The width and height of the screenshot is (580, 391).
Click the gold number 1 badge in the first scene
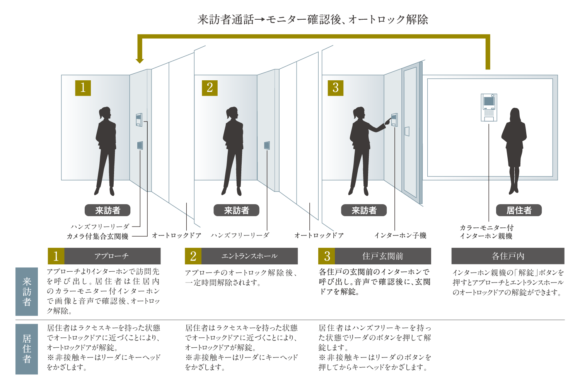pyautogui.click(x=83, y=88)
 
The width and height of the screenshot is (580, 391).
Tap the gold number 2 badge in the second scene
pyautogui.click(x=210, y=88)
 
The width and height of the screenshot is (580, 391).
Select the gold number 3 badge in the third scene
pyautogui.click(x=335, y=88)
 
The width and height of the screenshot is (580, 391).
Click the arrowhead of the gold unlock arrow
pyautogui.click(x=140, y=60)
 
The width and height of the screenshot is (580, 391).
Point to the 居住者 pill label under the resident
pyautogui.click(x=519, y=210)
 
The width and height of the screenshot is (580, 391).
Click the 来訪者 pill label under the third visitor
pyautogui.click(x=364, y=210)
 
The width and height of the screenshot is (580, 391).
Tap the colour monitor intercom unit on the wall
pyautogui.click(x=489, y=107)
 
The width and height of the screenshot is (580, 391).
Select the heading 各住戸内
pyautogui.click(x=508, y=256)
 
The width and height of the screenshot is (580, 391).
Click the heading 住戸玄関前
pyautogui.click(x=382, y=256)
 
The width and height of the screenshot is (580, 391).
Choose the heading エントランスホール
pyautogui.click(x=249, y=256)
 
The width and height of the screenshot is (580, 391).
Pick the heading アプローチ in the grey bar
pyautogui.click(x=112, y=256)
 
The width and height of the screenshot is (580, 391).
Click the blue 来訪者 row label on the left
pyautogui.click(x=27, y=291)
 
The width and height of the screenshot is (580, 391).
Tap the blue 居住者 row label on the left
pyautogui.click(x=27, y=349)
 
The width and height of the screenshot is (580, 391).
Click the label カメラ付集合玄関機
pyautogui.click(x=97, y=236)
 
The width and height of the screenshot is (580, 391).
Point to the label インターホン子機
pyautogui.click(x=400, y=235)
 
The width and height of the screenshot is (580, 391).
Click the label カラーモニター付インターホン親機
pyautogui.click(x=486, y=232)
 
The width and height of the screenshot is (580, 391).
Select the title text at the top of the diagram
pyautogui.click(x=313, y=19)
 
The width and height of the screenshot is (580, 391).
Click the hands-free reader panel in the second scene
pyautogui.click(x=267, y=145)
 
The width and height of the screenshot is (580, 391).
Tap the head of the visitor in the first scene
pyautogui.click(x=105, y=113)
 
